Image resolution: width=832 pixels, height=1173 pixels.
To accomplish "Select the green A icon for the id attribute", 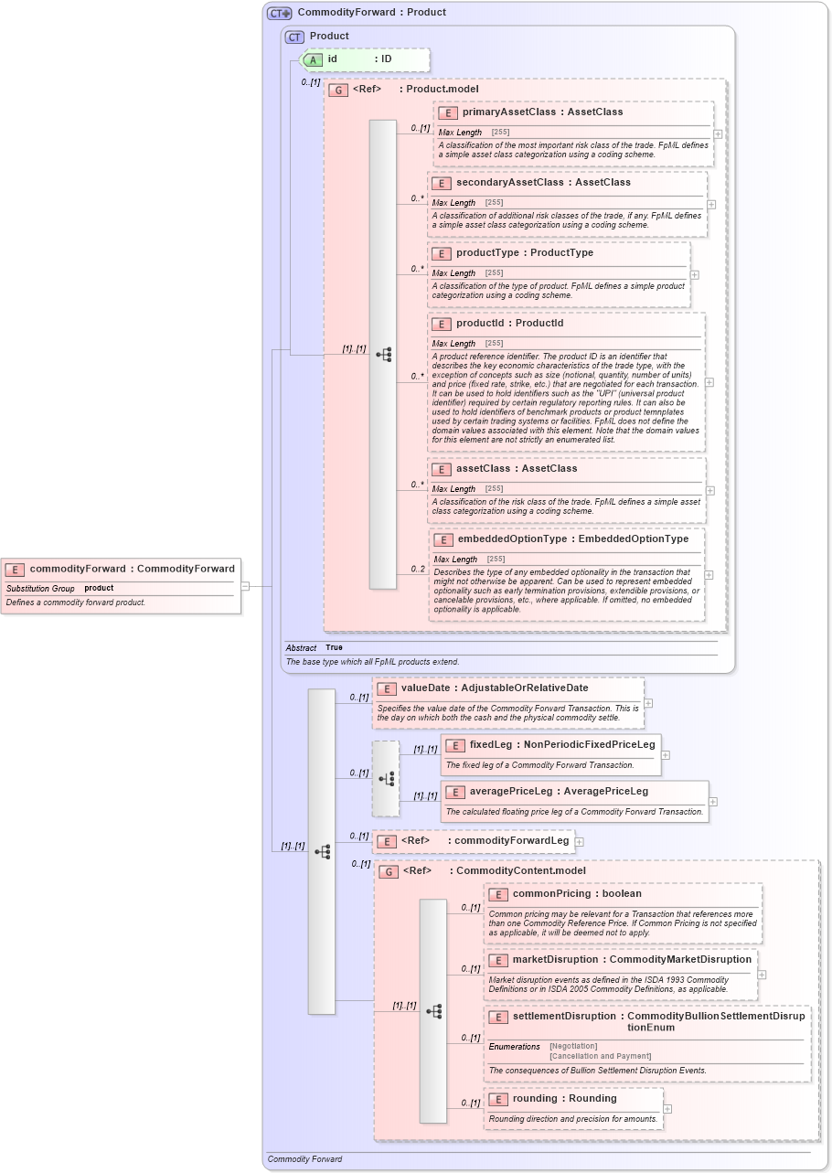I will pos(313,59).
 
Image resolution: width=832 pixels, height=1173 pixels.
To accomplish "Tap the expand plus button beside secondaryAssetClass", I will pos(711,204).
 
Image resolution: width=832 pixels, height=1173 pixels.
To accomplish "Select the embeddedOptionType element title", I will pos(572,539).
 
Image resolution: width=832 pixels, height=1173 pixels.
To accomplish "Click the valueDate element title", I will pos(494,688).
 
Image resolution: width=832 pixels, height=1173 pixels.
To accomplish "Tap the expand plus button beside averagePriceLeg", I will pos(713,802).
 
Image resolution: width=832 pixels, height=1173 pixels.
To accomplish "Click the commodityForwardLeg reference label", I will pos(511,840).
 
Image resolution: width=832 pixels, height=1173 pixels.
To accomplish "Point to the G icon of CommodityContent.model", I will pos(389,871).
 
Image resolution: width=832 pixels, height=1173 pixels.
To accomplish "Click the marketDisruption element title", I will pos(632,959).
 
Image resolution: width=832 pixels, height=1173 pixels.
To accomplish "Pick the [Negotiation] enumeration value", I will pos(573,1046).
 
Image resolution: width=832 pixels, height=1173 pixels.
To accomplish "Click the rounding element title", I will pos(564,1098).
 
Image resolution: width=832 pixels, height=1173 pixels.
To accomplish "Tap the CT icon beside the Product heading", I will pos(294,37).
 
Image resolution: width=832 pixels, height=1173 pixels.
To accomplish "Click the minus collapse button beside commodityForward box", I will pos(245,585).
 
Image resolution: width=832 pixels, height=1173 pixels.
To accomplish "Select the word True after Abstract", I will pos(335,647).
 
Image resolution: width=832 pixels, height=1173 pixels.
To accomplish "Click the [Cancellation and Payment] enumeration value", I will pos(599,1056).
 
